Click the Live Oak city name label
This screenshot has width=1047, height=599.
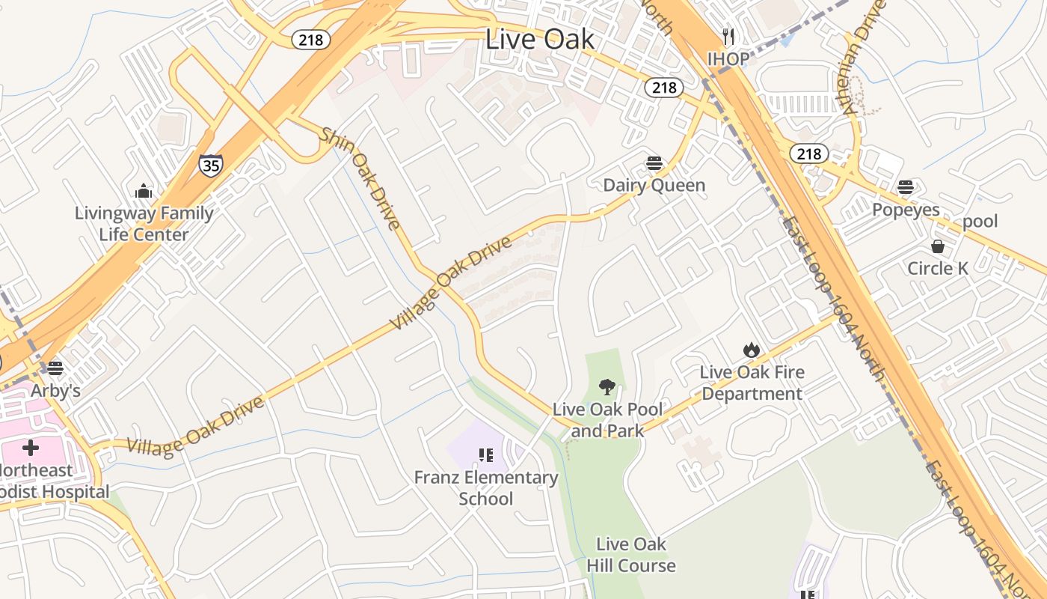(x=540, y=39)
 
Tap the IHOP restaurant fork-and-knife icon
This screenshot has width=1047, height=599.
(x=728, y=36)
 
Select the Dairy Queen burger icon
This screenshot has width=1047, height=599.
(x=654, y=163)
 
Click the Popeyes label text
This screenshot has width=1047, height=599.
(x=906, y=210)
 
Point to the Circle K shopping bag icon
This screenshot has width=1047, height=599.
(x=937, y=246)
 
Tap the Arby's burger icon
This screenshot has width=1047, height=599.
(x=55, y=368)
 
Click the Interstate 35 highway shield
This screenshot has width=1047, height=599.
(x=211, y=165)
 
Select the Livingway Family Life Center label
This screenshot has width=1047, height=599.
(x=144, y=224)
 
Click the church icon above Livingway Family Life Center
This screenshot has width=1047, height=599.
(x=144, y=192)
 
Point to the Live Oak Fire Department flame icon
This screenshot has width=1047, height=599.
(x=752, y=350)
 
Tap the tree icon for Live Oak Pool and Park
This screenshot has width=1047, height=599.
(x=607, y=387)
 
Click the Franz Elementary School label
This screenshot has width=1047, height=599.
(x=486, y=488)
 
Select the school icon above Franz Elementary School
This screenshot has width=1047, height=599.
(x=486, y=455)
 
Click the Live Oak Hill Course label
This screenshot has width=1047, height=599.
(x=631, y=555)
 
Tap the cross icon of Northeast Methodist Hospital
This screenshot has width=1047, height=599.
(x=31, y=448)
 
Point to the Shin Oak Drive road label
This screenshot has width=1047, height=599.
(x=360, y=177)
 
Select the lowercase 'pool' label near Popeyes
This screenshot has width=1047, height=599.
(x=980, y=221)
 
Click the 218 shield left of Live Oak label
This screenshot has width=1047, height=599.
(x=310, y=39)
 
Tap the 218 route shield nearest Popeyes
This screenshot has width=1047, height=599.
(x=809, y=154)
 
